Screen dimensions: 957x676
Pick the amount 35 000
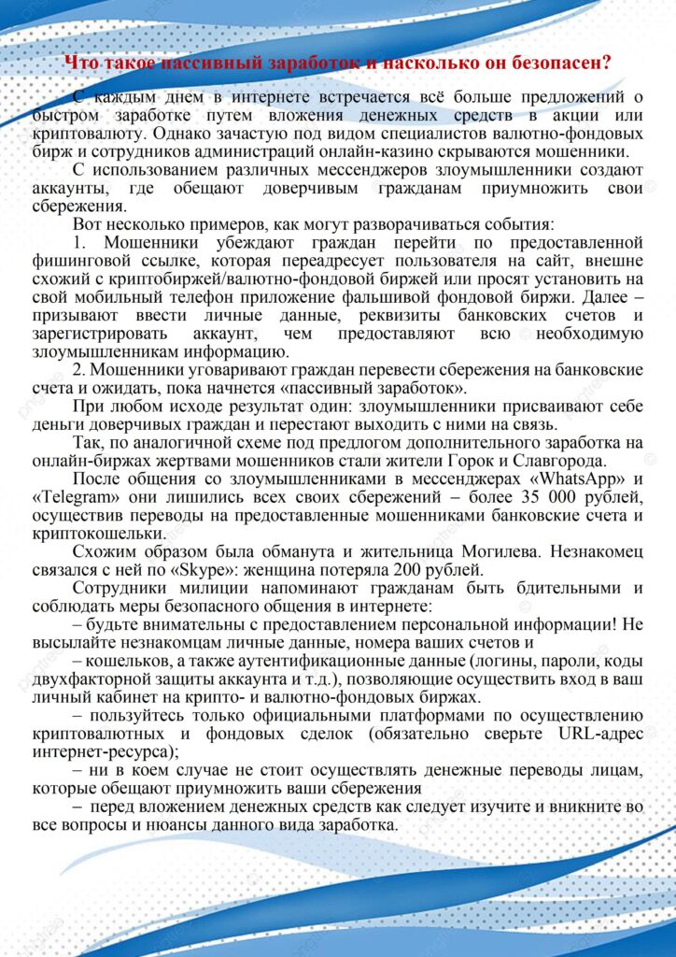click(x=545, y=496)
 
